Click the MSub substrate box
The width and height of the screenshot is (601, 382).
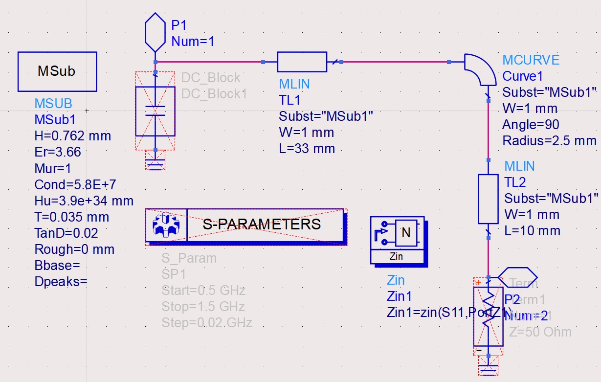click(x=57, y=71)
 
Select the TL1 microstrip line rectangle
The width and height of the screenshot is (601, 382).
click(x=301, y=62)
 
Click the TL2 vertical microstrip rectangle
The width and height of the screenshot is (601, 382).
click(x=488, y=199)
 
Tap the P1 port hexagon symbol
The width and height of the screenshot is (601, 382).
click(x=156, y=32)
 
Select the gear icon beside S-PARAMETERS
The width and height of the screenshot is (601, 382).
click(x=166, y=225)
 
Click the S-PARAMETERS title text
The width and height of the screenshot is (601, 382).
click(x=262, y=225)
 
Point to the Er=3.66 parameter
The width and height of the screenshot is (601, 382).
click(x=58, y=152)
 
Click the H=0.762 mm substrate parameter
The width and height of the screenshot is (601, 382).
click(x=72, y=136)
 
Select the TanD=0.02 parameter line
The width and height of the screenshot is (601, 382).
click(x=66, y=233)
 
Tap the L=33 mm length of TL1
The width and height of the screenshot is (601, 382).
click(x=307, y=148)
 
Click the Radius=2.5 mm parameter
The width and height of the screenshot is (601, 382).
click(x=549, y=141)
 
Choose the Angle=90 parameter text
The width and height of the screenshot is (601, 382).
click(x=531, y=125)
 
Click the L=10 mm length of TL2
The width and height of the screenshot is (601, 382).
click(x=532, y=231)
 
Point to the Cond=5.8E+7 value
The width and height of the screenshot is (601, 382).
click(x=75, y=184)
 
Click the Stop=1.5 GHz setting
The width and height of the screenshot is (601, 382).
click(x=203, y=307)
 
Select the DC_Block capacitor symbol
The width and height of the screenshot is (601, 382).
click(x=155, y=111)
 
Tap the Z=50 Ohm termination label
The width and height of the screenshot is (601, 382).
click(x=540, y=332)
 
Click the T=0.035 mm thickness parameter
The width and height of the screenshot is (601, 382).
click(x=71, y=217)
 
